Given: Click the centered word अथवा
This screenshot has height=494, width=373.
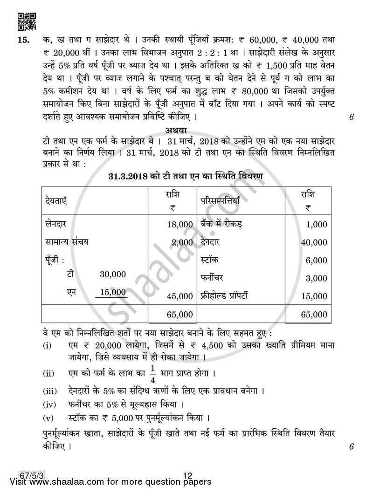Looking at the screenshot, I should tap(186, 130).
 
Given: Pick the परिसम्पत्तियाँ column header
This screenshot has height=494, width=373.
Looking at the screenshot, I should tap(220, 201).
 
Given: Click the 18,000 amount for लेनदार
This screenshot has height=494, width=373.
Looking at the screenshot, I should tap(180, 225).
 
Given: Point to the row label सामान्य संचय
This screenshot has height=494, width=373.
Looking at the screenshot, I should tap(67, 242).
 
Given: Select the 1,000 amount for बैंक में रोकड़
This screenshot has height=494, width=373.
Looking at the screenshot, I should tap(317, 225).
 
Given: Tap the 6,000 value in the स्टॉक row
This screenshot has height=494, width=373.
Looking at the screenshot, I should tap(317, 260).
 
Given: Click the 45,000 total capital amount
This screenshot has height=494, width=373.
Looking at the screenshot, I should tap(180, 296).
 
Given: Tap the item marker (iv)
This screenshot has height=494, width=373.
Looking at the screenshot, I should tap(50, 404).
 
